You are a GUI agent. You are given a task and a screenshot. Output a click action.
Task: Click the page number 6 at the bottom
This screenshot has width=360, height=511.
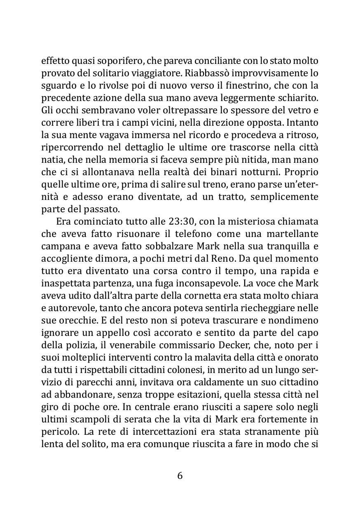(180, 475)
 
